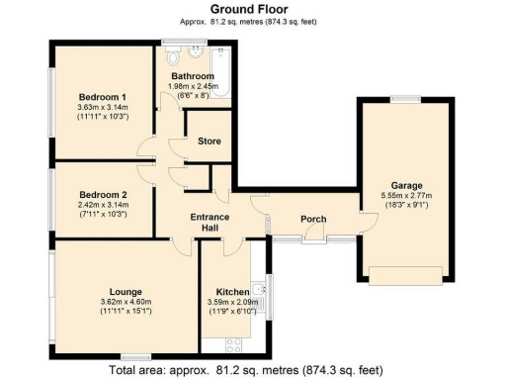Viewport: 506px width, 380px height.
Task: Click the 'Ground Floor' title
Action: pyautogui.click(x=254, y=10)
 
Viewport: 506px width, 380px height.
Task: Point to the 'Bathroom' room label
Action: pyautogui.click(x=193, y=76)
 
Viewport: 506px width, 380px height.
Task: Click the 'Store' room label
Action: pyautogui.click(x=209, y=141)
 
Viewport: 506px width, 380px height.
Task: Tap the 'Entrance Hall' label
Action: pyautogui.click(x=210, y=224)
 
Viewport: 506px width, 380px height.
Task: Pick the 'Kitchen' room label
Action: pyautogui.click(x=232, y=292)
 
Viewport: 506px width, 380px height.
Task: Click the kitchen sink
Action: pyautogui.click(x=257, y=291)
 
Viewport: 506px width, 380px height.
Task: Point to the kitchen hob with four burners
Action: pyautogui.click(x=236, y=344)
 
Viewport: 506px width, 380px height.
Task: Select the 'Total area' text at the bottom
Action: pyautogui.click(x=254, y=370)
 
